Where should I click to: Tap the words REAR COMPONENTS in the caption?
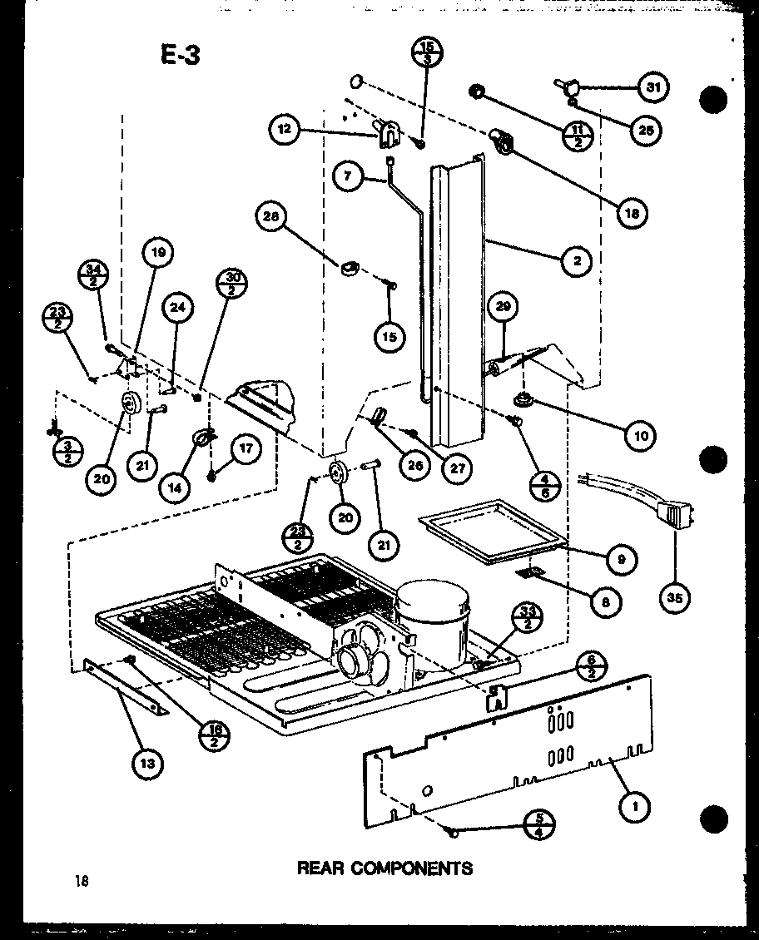coord(384,868)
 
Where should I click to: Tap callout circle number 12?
coord(285,129)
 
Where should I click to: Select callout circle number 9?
coord(621,559)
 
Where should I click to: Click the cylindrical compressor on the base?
coord(431,613)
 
